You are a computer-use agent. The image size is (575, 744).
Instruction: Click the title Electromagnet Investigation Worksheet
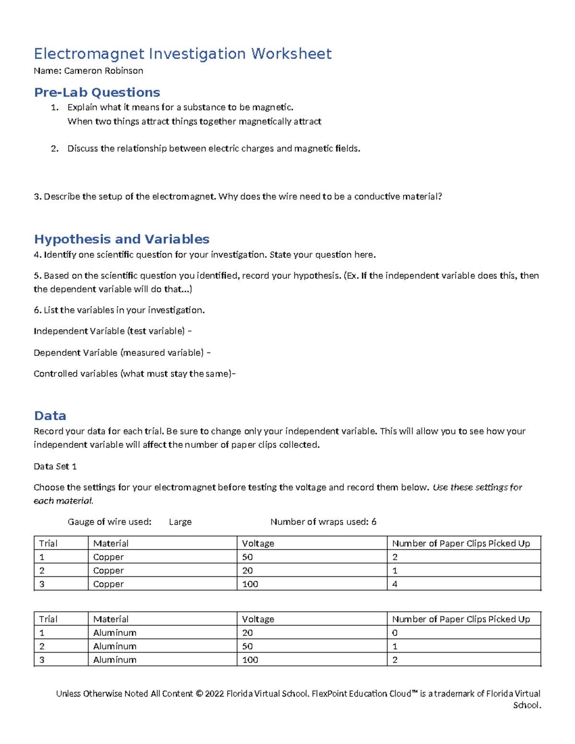click(183, 54)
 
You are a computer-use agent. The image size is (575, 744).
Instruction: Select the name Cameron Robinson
click(103, 71)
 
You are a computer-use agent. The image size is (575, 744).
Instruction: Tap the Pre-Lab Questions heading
click(97, 92)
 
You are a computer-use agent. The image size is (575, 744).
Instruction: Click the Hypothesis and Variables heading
click(122, 239)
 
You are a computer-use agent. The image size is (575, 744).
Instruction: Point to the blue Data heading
click(50, 415)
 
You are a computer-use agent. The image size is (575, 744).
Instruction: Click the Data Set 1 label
click(55, 466)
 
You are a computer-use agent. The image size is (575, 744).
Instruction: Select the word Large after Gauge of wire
click(180, 522)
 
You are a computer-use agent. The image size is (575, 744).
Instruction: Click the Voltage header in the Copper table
click(258, 543)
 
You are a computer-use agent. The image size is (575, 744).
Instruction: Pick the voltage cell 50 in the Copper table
click(247, 557)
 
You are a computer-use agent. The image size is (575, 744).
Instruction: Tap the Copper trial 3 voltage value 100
click(250, 584)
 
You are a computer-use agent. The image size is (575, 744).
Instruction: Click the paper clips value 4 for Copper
click(395, 584)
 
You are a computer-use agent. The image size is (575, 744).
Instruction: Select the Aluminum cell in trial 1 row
click(115, 633)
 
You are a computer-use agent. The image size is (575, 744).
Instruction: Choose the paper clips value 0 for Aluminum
click(395, 633)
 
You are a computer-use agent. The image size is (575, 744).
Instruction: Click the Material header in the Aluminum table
click(111, 619)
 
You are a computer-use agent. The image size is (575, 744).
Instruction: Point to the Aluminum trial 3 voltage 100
click(250, 660)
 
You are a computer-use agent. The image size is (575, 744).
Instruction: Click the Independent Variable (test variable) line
click(113, 331)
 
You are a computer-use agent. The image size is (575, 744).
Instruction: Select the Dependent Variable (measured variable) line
click(122, 353)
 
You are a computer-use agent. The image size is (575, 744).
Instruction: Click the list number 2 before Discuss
click(54, 149)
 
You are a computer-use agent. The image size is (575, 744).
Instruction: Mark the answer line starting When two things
click(194, 122)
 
